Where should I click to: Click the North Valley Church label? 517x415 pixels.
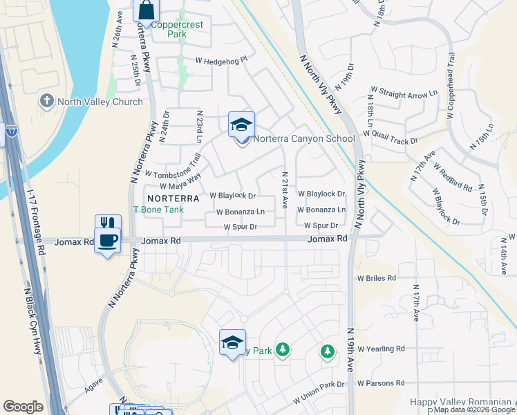coord(100,102)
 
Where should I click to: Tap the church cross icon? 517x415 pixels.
coord(47,102)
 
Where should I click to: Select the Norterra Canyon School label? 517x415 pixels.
coord(303,138)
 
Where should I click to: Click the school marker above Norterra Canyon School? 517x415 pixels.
coord(241,125)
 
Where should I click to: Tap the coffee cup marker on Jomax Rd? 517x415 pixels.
coord(107,241)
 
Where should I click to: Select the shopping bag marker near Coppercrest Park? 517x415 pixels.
coord(147,10)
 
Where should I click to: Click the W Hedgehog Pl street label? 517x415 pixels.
coord(220,61)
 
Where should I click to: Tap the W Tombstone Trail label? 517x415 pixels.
coord(172,170)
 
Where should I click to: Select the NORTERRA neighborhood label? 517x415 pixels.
coord(173,198)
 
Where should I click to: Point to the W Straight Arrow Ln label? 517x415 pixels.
coord(404,91)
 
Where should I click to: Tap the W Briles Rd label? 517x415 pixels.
coord(376,277)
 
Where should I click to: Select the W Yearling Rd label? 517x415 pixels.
coord(380,349)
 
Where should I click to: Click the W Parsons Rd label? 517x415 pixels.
coord(380,383)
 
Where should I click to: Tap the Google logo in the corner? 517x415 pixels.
coord(23,407)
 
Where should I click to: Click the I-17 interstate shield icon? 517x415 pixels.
coord(10,130)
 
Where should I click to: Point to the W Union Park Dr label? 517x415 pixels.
coord(319,392)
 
